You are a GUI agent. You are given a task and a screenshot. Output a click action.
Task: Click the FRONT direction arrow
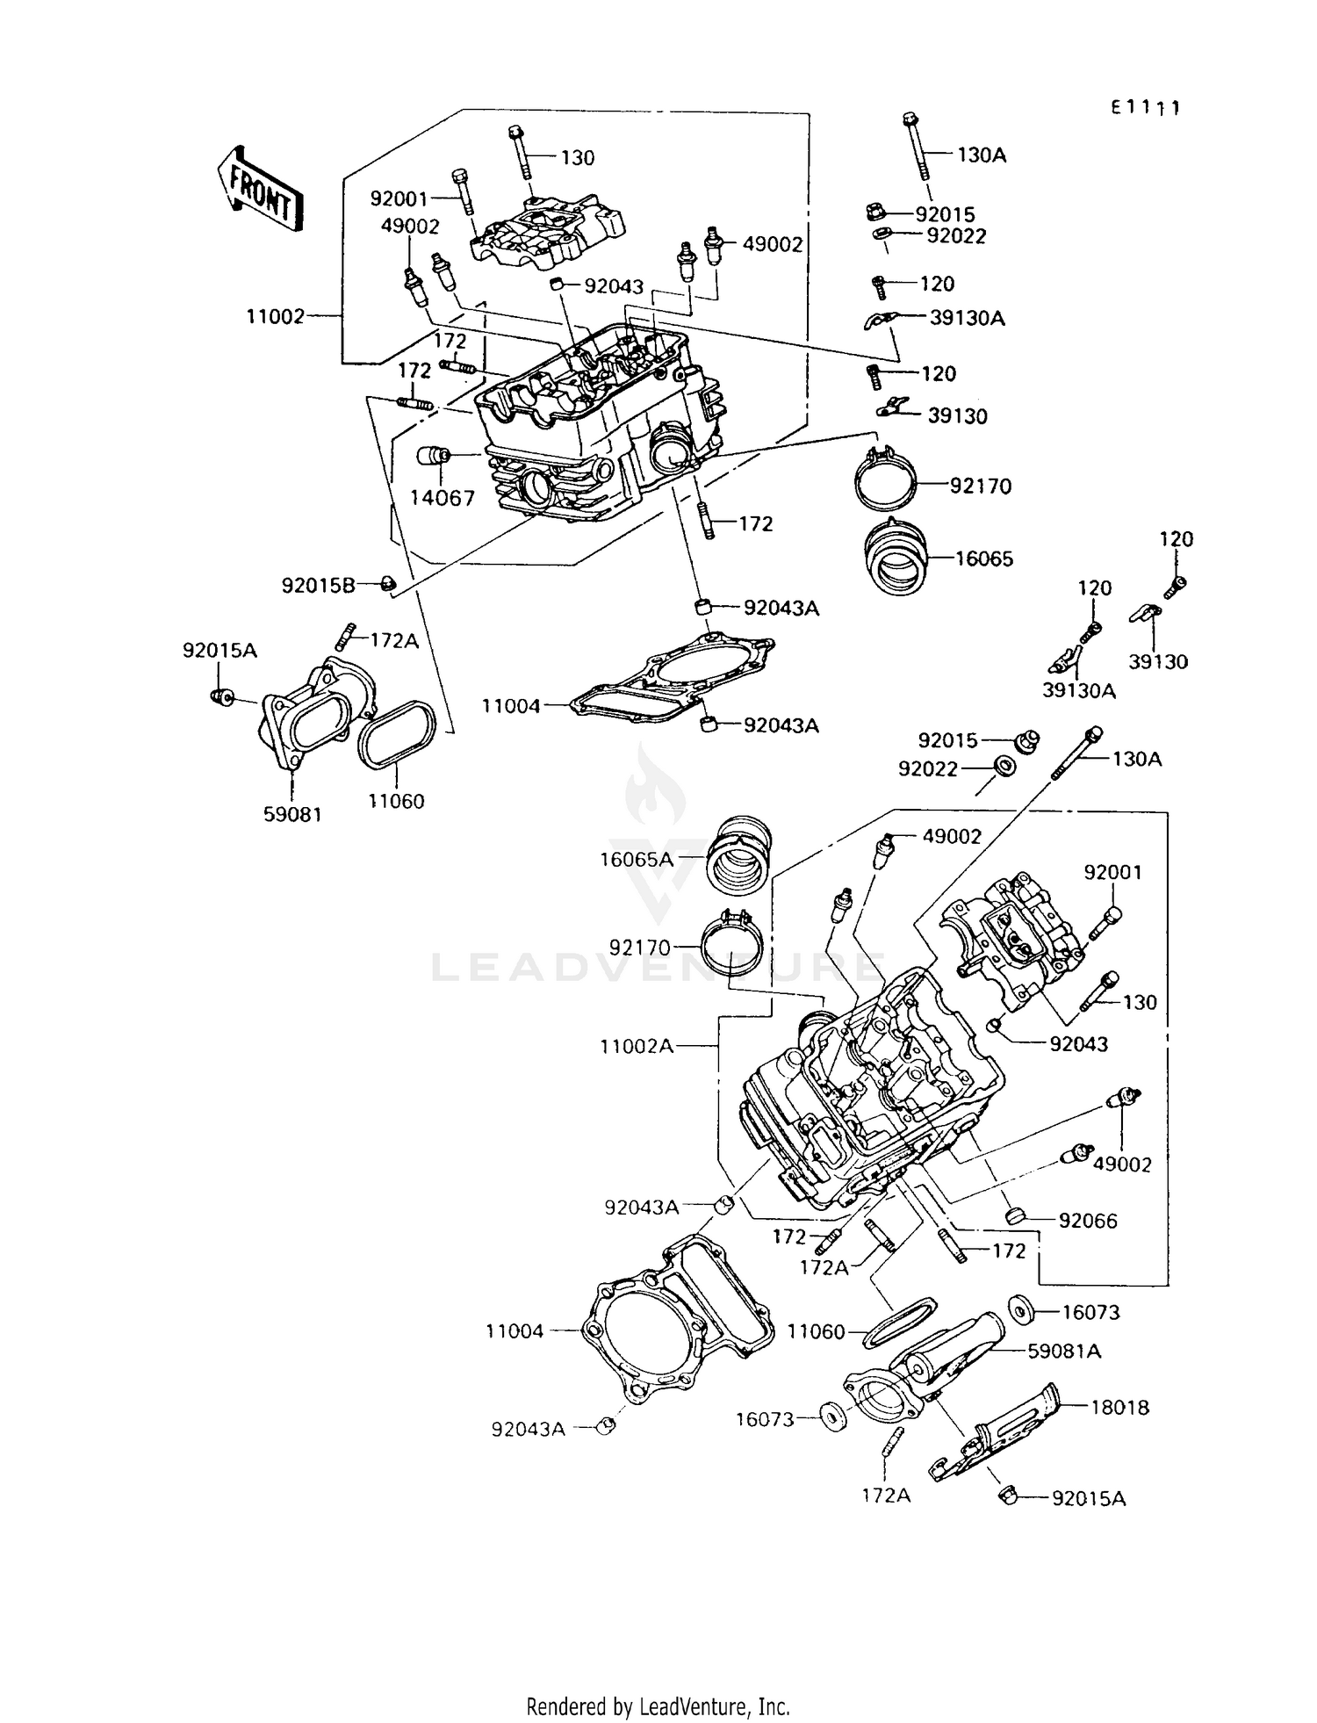point(260,190)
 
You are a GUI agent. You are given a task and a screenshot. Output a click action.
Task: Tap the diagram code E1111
point(1145,107)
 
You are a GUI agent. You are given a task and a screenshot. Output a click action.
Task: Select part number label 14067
point(443,498)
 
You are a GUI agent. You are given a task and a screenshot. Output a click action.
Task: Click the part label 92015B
point(318,585)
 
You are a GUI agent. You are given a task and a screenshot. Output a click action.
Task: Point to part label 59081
point(292,814)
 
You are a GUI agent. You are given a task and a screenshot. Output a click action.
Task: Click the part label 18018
point(1119,1407)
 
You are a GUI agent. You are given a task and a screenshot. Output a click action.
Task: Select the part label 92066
point(1088,1221)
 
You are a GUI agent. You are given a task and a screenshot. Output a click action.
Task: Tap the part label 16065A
point(636,859)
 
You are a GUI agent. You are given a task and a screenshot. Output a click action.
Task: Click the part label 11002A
point(637,1046)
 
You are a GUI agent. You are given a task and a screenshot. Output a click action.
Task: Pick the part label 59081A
point(1064,1351)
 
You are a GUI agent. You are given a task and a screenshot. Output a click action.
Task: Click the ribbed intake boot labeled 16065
point(894,559)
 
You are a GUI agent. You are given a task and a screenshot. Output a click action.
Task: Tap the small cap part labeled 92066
point(1015,1215)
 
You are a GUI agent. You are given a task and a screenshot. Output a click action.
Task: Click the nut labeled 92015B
point(389,583)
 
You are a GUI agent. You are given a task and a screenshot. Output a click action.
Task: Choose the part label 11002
point(275,316)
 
